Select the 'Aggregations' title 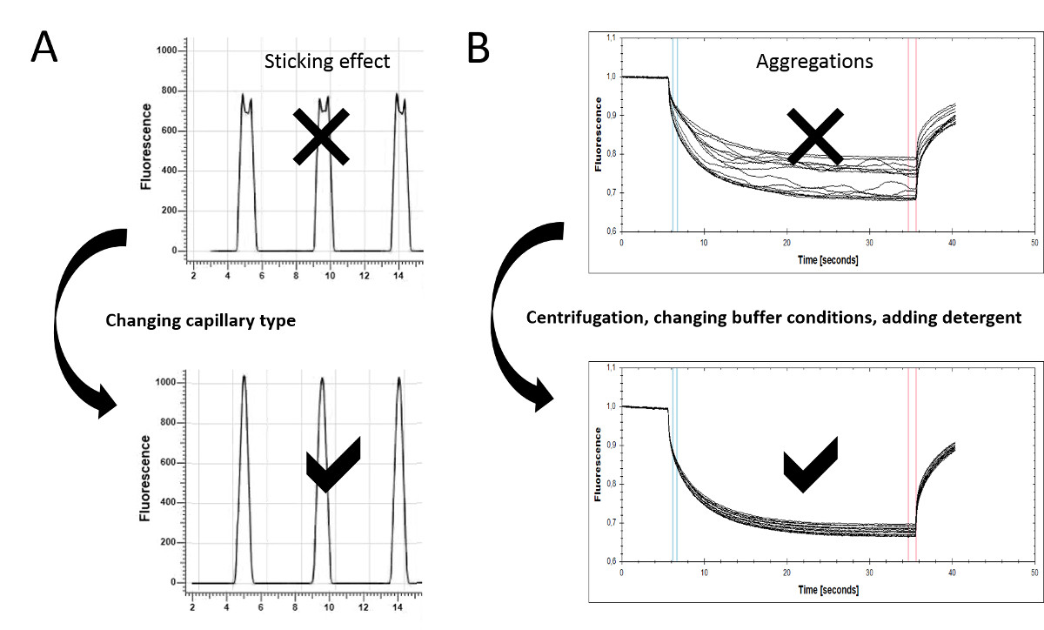(814, 62)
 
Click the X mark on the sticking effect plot (321, 137)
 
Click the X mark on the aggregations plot (814, 137)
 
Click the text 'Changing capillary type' (200, 320)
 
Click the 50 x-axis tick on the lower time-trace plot (1034, 571)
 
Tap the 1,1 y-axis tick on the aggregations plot (609, 38)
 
